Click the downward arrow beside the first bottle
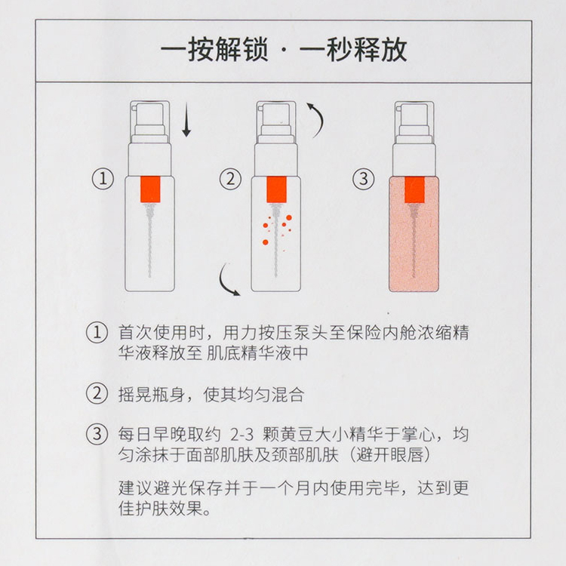pyautogui.click(x=186, y=120)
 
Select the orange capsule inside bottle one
pyautogui.click(x=150, y=189)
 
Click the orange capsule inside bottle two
pyautogui.click(x=276, y=189)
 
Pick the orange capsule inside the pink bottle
pyautogui.click(x=414, y=189)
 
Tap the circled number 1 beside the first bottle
pyautogui.click(x=103, y=179)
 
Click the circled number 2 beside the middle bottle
pyautogui.click(x=231, y=179)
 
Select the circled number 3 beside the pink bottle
pyautogui.click(x=364, y=179)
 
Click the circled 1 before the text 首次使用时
pyautogui.click(x=97, y=333)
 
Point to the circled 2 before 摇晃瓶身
pyautogui.click(x=97, y=394)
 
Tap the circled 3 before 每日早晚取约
pyautogui.click(x=97, y=434)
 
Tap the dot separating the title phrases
pyautogui.click(x=284, y=51)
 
